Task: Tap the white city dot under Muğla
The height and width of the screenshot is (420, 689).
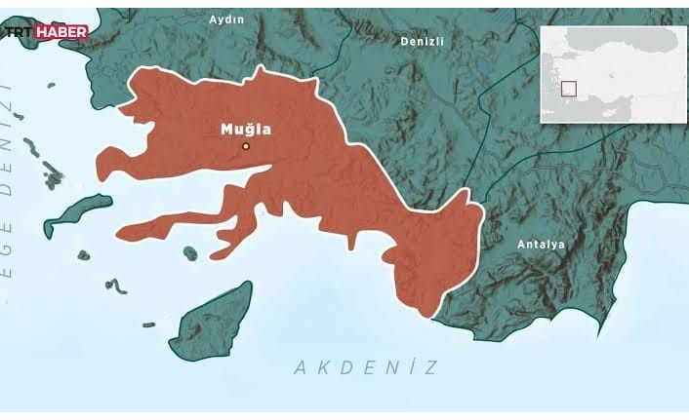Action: pyautogui.click(x=246, y=147)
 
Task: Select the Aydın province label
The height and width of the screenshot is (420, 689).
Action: pyautogui.click(x=226, y=19)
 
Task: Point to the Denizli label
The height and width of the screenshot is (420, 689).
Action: pyautogui.click(x=423, y=41)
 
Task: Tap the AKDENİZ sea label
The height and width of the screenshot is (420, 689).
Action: pyautogui.click(x=365, y=367)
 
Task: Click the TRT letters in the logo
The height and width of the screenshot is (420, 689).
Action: pyautogui.click(x=20, y=32)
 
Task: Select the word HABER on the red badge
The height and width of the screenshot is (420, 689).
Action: pyautogui.click(x=61, y=32)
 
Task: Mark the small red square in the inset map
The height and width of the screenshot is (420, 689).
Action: pyautogui.click(x=568, y=88)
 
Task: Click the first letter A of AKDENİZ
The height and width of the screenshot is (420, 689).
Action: pyautogui.click(x=300, y=367)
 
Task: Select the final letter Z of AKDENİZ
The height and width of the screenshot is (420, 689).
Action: pyautogui.click(x=430, y=367)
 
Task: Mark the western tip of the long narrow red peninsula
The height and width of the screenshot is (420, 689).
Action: pyautogui.click(x=119, y=232)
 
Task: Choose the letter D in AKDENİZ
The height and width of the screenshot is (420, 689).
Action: pyautogui.click(x=344, y=367)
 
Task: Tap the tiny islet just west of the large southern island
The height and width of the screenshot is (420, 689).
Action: pyautogui.click(x=149, y=325)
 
